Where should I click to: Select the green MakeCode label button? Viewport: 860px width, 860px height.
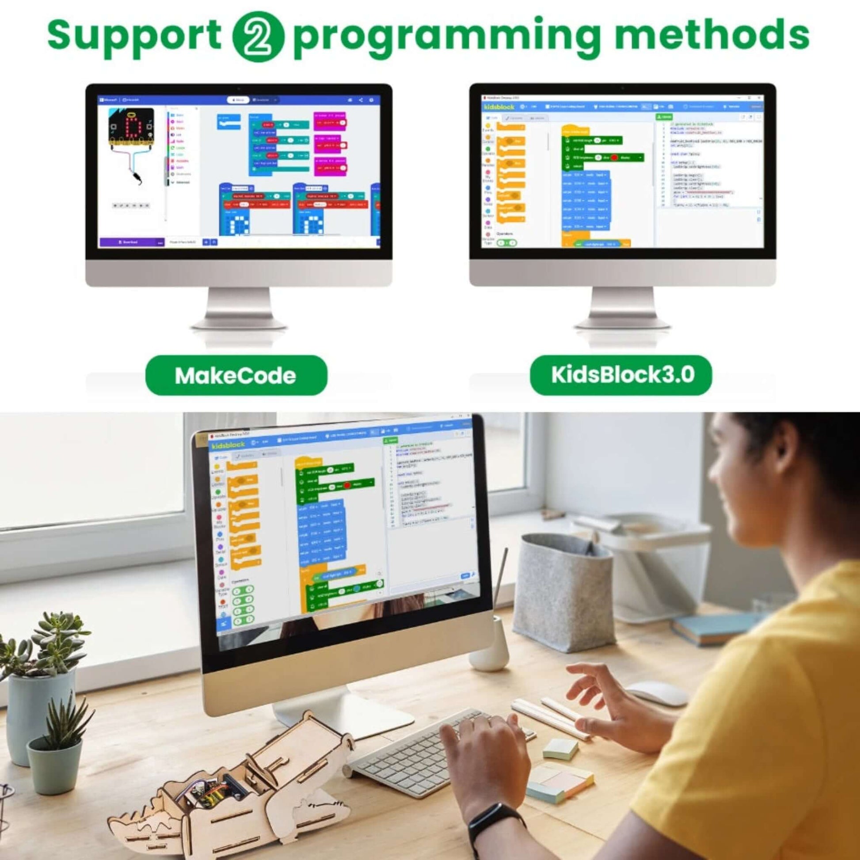coord(236,375)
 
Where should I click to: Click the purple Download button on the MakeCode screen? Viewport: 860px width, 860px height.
coord(129,242)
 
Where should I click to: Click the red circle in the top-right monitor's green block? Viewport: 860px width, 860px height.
coord(615,158)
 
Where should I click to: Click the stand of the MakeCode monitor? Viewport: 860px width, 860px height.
coord(239,307)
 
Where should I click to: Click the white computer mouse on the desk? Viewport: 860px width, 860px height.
coord(657,692)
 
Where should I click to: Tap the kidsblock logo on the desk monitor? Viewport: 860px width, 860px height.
coord(228,445)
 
